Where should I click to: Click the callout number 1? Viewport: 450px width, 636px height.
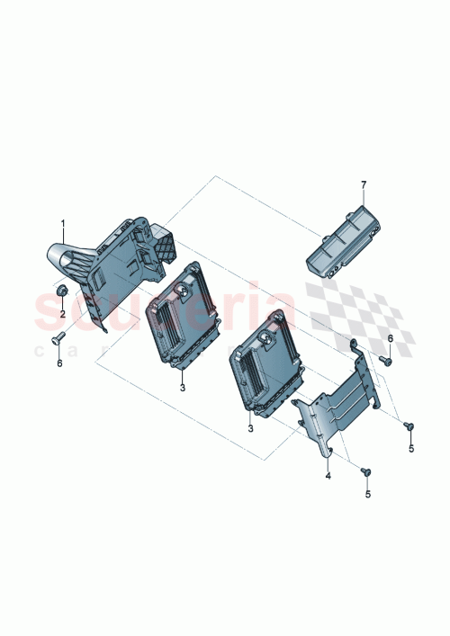(x=63, y=222)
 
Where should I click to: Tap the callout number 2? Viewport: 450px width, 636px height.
(x=63, y=313)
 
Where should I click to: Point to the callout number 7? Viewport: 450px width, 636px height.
(x=364, y=184)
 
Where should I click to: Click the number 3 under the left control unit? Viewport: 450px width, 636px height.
(x=182, y=388)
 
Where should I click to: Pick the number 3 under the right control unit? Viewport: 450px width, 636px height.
(x=251, y=430)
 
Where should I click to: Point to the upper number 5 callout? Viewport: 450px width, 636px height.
(x=410, y=447)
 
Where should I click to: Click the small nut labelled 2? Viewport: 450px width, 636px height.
(x=61, y=293)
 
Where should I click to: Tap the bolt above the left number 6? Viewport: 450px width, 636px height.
(x=59, y=339)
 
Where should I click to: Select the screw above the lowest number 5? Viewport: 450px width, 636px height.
(x=364, y=471)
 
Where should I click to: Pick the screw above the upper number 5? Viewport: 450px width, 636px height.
(x=409, y=425)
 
